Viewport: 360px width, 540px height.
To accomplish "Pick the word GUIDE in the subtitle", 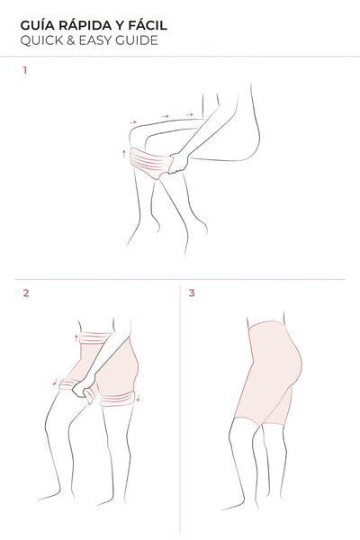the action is coord(137,40).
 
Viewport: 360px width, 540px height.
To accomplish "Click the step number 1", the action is coord(25,70).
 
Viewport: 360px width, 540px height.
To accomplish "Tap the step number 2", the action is coord(26,293).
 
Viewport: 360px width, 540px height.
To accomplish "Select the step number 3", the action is coord(192,293).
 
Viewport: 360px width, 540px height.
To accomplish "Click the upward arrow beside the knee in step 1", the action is coord(124,153).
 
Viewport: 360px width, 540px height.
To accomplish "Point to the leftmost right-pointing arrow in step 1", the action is coord(133,121).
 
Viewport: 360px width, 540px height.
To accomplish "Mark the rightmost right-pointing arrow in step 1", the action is coord(190,114).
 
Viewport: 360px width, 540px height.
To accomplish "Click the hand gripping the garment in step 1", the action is coord(178,163).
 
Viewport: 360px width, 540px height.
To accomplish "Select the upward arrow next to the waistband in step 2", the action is coord(76,337).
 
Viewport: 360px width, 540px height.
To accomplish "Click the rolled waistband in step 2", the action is coord(94,337).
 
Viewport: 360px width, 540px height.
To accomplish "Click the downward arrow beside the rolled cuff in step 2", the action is coord(139,398).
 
